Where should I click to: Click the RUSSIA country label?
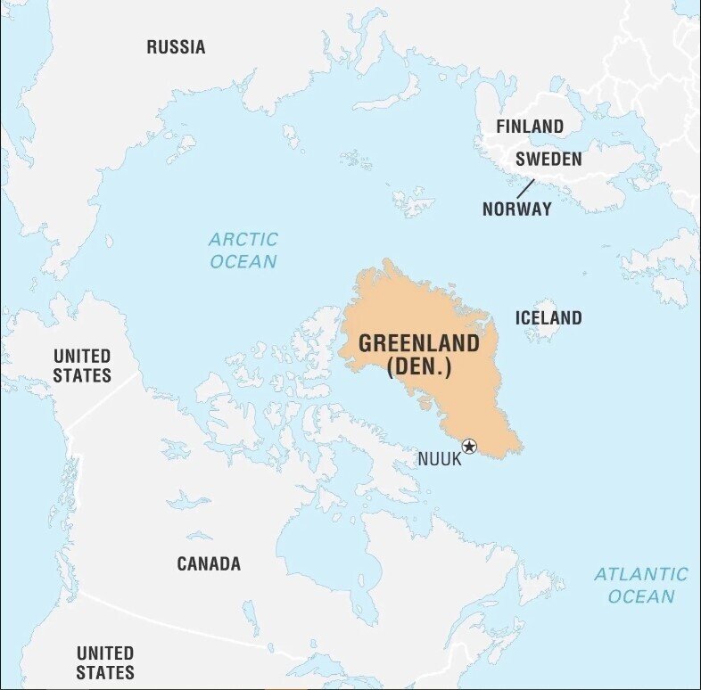tap(176, 47)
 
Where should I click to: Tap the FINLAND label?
tap(530, 127)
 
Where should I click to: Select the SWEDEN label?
tap(548, 160)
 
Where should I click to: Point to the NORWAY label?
tap(516, 209)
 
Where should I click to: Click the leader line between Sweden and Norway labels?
tap(525, 188)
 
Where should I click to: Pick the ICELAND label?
tap(548, 317)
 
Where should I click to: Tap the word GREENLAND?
tap(418, 344)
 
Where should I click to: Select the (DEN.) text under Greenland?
tap(418, 367)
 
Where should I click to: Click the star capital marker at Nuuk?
tap(469, 447)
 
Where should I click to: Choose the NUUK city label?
tap(440, 459)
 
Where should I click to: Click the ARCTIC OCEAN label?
tap(243, 251)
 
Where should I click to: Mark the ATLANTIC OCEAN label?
tap(641, 585)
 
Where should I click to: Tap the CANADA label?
tap(209, 563)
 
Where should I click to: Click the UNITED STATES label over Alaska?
tap(82, 366)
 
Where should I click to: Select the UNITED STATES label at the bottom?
tap(105, 662)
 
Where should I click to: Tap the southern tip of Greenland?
tap(514, 450)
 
